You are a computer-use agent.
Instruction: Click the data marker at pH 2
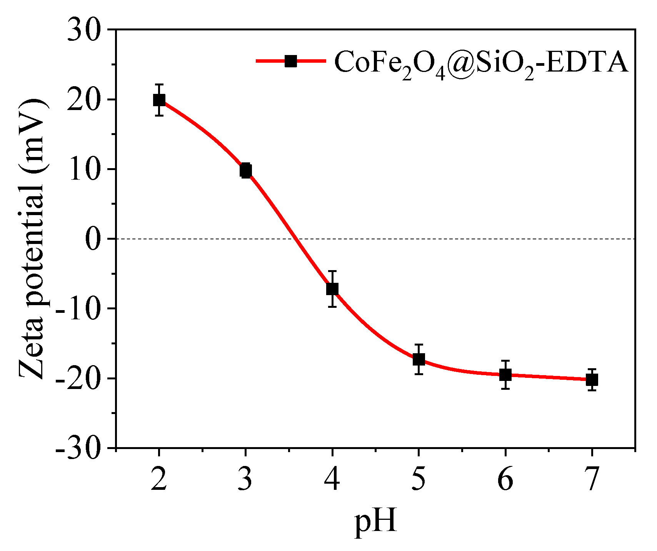pyautogui.click(x=159, y=100)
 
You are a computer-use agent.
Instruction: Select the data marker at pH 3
pyautogui.click(x=245, y=170)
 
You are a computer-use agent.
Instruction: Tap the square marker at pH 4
pyautogui.click(x=332, y=289)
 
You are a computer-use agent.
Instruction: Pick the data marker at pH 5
pyautogui.click(x=419, y=359)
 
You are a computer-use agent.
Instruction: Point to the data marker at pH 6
pyautogui.click(x=505, y=374)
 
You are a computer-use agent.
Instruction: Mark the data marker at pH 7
pyautogui.click(x=592, y=380)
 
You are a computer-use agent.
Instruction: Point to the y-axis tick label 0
pyautogui.click(x=93, y=239)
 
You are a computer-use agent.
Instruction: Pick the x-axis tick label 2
pyautogui.click(x=159, y=479)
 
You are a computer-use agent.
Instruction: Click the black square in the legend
pyautogui.click(x=291, y=61)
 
